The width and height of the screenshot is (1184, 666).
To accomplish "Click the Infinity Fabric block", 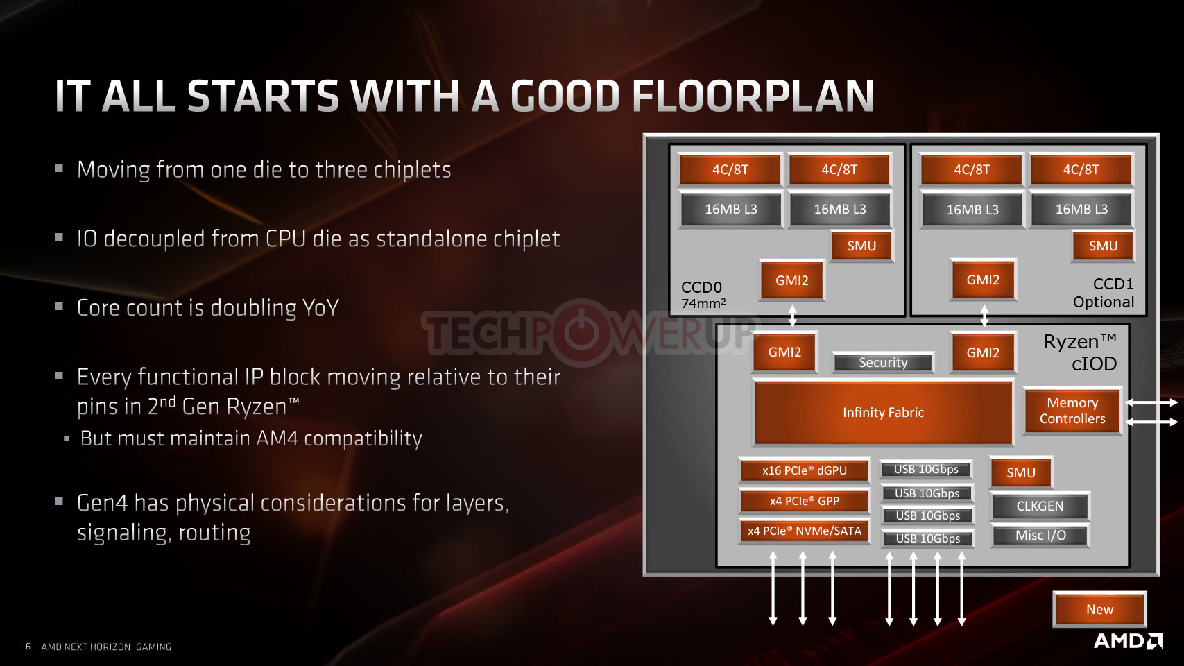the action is pyautogui.click(x=883, y=412).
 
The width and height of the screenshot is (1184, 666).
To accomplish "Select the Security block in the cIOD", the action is pyautogui.click(x=883, y=363).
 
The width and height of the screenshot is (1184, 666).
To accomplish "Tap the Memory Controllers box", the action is pyautogui.click(x=1072, y=411).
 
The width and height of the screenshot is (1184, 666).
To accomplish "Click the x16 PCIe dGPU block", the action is pyautogui.click(x=804, y=470).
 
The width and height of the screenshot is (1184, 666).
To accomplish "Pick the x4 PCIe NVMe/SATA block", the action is pyautogui.click(x=804, y=531).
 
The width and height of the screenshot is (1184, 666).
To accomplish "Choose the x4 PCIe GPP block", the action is pyautogui.click(x=804, y=501).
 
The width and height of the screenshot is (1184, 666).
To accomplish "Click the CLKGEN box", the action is pyautogui.click(x=1040, y=506).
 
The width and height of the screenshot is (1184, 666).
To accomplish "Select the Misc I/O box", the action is pyautogui.click(x=1040, y=536).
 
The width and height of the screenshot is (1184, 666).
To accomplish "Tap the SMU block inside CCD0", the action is pyautogui.click(x=861, y=246).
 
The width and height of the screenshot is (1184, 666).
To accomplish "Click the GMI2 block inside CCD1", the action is pyautogui.click(x=983, y=280).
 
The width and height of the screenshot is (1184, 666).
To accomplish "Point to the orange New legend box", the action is pyautogui.click(x=1099, y=609).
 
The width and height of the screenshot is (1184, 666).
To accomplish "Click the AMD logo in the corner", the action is pyautogui.click(x=1128, y=641).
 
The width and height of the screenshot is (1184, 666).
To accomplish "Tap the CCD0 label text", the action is pyautogui.click(x=701, y=287).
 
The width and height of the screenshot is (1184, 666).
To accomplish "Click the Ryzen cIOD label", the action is pyautogui.click(x=1080, y=352).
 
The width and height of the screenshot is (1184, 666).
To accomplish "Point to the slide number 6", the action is pyautogui.click(x=28, y=647).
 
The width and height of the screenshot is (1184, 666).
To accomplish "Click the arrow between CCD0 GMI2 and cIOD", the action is pyautogui.click(x=792, y=316).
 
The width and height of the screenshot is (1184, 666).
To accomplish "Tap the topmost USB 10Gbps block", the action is pyautogui.click(x=926, y=470).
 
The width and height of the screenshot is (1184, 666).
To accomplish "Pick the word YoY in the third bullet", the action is pyautogui.click(x=320, y=307).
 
